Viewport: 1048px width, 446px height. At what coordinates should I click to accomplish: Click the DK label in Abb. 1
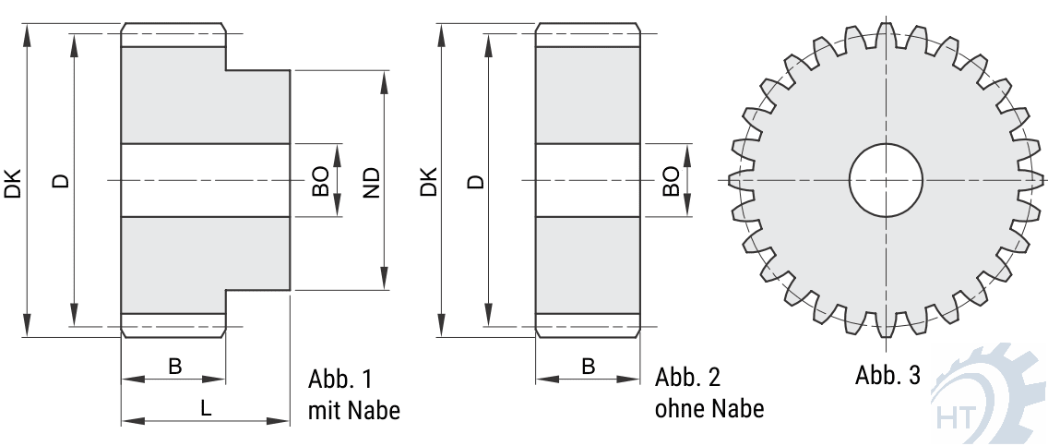point(13,181)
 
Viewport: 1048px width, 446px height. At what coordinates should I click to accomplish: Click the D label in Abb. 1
point(61,181)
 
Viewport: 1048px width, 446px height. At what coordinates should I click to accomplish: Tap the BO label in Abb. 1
point(320,182)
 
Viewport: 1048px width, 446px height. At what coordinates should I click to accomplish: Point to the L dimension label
point(206,407)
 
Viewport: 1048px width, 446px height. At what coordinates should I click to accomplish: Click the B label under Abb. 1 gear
point(174,367)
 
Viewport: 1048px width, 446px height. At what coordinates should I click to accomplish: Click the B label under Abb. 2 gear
point(588,367)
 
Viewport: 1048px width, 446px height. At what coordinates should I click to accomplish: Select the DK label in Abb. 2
point(428,181)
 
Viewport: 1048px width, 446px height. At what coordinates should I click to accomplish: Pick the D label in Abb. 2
point(475,181)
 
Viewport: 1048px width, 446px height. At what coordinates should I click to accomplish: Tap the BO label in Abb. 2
point(671,181)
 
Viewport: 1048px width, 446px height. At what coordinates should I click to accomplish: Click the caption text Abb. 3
point(887,376)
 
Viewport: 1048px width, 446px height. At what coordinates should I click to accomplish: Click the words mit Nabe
point(354,410)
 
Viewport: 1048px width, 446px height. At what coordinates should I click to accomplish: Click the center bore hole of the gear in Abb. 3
point(886,180)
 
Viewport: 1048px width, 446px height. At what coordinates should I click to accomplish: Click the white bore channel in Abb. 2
point(588,180)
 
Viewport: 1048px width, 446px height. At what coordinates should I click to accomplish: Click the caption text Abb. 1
point(339,380)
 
